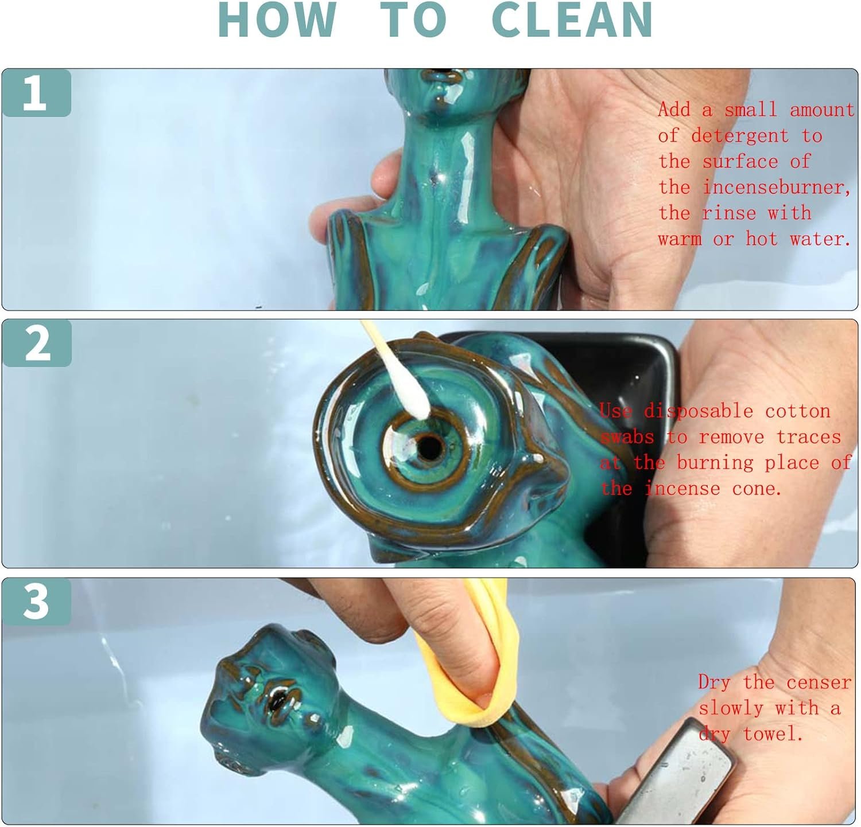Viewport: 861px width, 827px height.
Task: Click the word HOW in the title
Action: pos(277,20)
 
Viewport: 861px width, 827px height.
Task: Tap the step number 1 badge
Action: pos(36,93)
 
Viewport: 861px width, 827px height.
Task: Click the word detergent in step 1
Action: pos(740,136)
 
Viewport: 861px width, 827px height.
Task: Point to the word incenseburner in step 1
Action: pos(777,187)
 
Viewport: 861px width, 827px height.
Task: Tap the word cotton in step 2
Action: pos(798,411)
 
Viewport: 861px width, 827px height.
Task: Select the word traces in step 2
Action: pos(809,436)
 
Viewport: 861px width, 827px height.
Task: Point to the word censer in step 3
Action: pos(819,682)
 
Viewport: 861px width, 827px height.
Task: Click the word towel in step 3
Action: pos(773,734)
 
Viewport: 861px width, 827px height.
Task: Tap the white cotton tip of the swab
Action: pos(412,396)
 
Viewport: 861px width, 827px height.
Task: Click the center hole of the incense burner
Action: pos(428,447)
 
